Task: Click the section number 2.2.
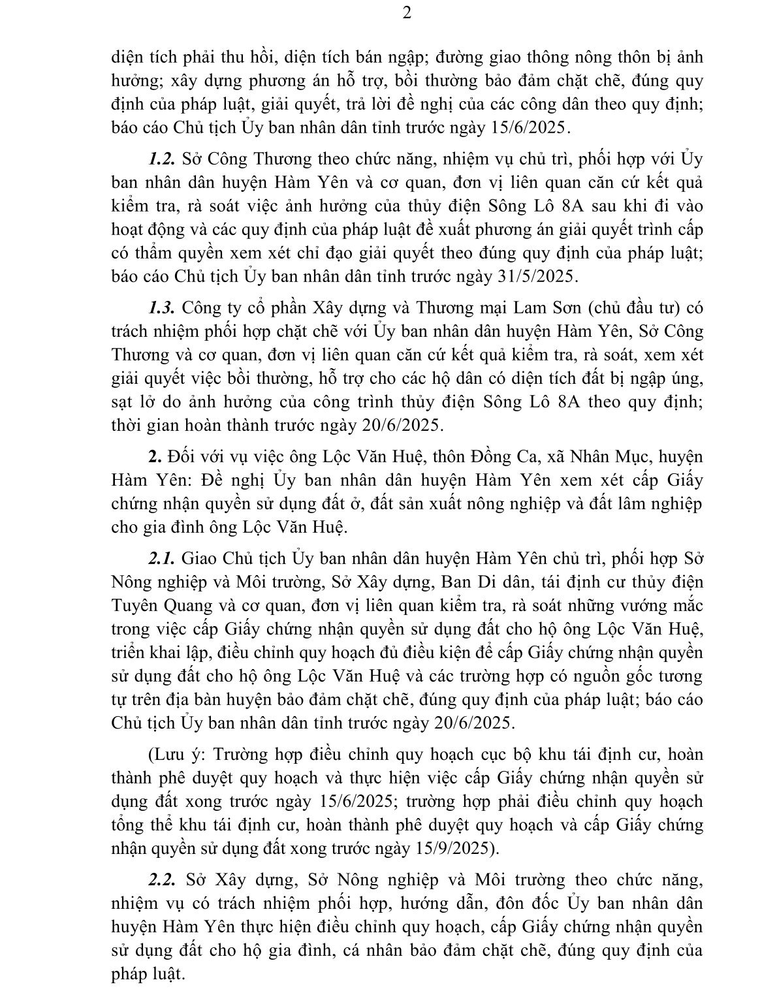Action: click(x=161, y=879)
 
